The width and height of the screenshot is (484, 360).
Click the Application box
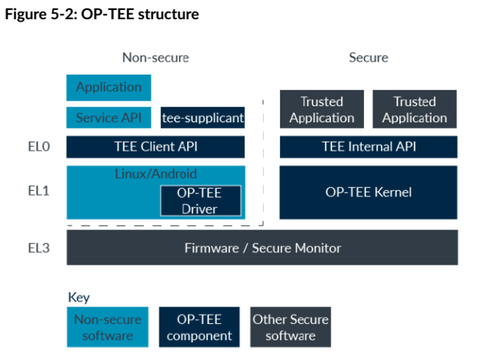[x=109, y=88]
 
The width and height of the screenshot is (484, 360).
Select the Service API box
[x=109, y=118]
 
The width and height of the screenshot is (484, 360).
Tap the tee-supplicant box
[x=202, y=118]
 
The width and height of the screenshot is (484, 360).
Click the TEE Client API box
[x=155, y=147]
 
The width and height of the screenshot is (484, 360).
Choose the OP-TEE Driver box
[x=200, y=200]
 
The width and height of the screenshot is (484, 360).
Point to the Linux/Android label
[x=155, y=174]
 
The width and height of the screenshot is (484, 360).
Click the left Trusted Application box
[x=322, y=109]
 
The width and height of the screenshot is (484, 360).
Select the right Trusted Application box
[x=414, y=109]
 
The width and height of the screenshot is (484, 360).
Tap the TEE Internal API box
[x=368, y=147]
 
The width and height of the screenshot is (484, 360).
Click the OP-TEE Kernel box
[x=368, y=192]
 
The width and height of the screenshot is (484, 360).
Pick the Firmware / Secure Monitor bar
[x=262, y=248]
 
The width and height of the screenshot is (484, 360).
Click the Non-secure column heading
[x=155, y=57]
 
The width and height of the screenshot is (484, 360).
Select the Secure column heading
[x=368, y=57]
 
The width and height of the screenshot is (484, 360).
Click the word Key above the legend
[x=78, y=297]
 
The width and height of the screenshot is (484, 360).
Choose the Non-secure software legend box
[x=108, y=327]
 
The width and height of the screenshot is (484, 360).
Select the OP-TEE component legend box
[x=200, y=327]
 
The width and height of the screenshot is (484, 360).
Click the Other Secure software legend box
[x=290, y=327]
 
